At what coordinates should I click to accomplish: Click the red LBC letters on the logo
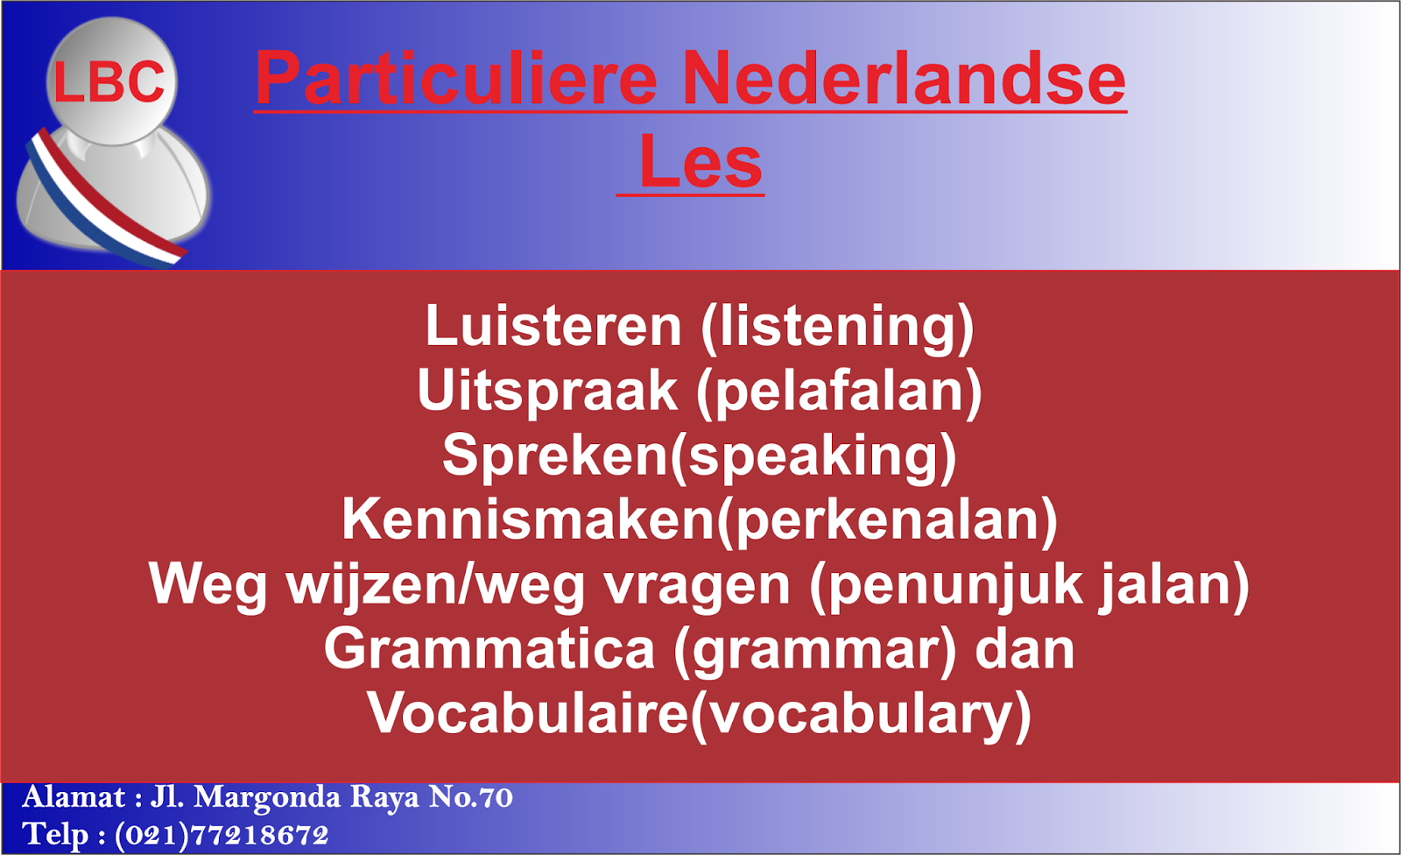click(109, 82)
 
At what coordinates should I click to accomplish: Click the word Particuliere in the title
click(455, 79)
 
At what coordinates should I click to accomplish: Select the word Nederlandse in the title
click(903, 79)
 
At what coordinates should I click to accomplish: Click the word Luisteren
click(553, 326)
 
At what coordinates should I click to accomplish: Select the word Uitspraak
click(547, 391)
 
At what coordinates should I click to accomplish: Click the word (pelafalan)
click(839, 392)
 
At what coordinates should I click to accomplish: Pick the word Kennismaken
click(529, 519)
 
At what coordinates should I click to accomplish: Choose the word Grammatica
click(489, 649)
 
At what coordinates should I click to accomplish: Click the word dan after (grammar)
click(1024, 649)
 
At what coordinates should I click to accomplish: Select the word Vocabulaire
click(529, 713)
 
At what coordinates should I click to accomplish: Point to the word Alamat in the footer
click(74, 798)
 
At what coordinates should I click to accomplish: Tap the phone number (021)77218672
click(222, 835)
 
